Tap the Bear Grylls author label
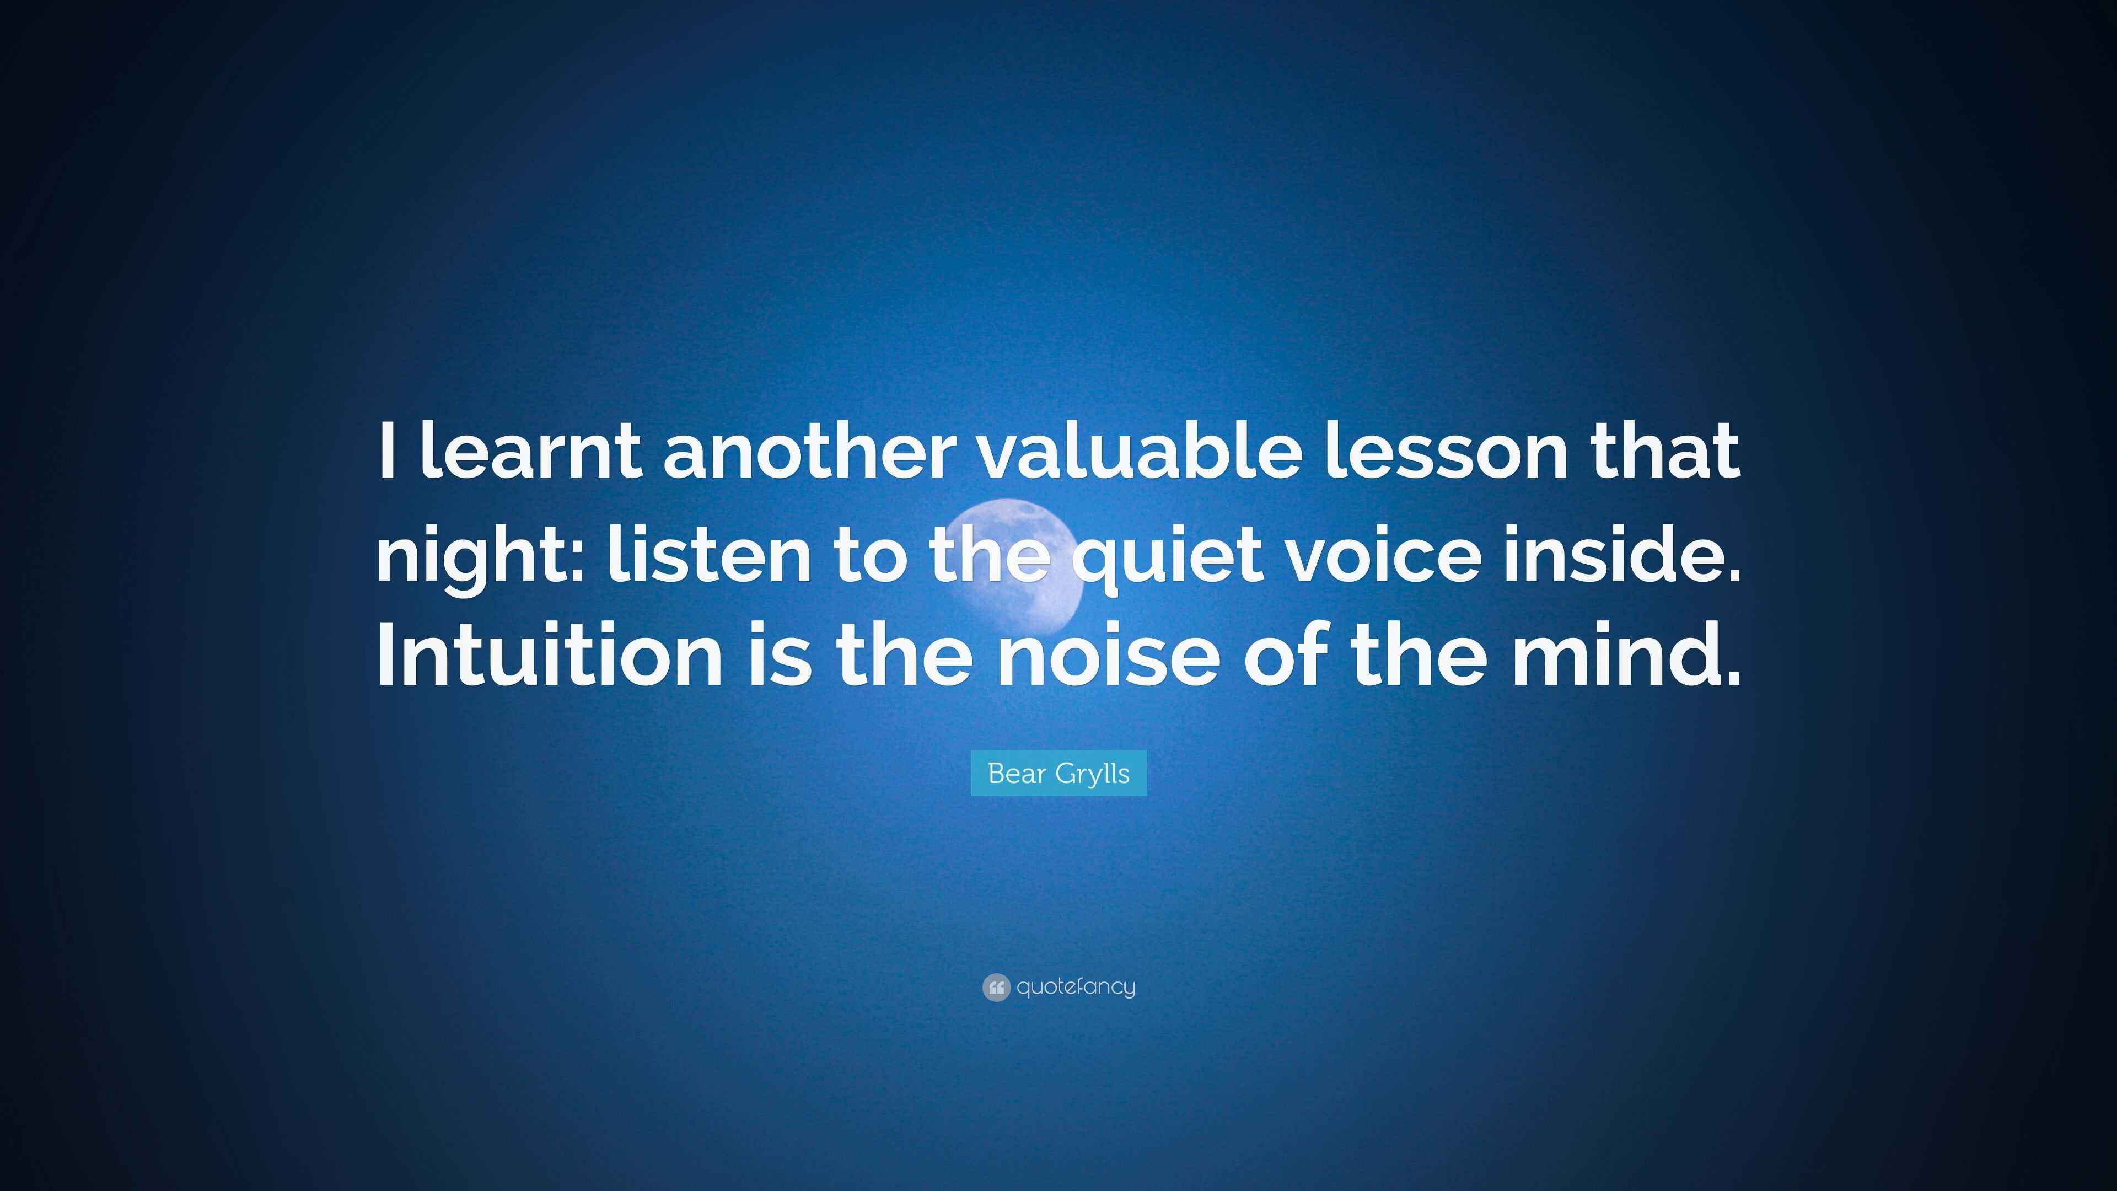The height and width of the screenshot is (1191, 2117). [1058, 772]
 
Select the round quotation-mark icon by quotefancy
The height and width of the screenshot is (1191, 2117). [996, 987]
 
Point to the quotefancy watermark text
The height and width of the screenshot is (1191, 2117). [1076, 986]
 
